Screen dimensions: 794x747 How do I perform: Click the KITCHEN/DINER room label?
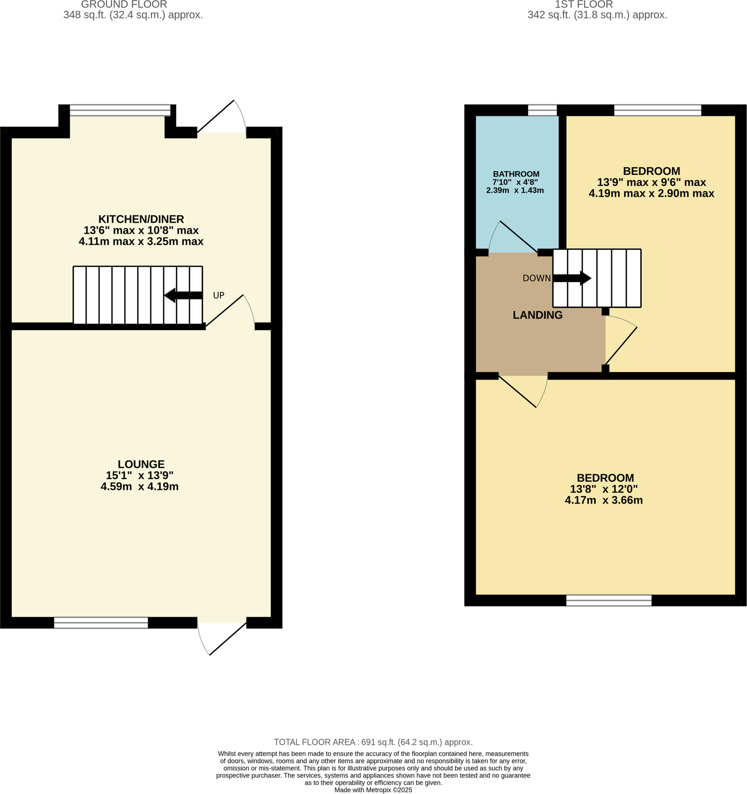141,219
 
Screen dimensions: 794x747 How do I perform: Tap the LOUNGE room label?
141,464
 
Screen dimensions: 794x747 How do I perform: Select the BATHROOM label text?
516,174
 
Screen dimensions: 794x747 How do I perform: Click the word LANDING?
537,315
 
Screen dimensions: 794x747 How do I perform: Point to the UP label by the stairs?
218,295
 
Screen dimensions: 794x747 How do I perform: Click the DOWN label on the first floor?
536,278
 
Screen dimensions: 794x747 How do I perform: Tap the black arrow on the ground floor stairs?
183,295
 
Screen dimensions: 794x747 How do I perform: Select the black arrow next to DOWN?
572,278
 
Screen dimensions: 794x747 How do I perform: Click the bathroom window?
542,110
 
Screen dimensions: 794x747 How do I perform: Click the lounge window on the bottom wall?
101,623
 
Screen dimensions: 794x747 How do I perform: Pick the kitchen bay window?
120,110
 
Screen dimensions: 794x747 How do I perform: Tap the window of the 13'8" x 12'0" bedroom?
609,600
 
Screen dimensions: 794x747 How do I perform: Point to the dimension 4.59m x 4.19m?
139,487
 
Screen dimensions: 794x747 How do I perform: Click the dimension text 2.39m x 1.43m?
515,190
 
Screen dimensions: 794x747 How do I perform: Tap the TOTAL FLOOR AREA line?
373,742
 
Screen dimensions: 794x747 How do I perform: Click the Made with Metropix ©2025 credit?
373,790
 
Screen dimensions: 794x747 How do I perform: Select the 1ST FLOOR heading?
583,5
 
